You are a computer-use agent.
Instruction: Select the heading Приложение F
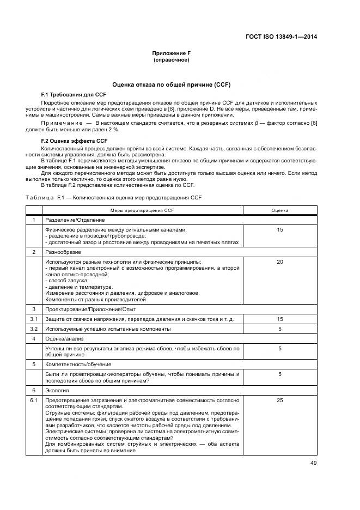pos(171,53)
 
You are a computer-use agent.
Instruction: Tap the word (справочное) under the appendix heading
pos(171,59)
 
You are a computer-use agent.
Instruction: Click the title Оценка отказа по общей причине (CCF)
pos(171,85)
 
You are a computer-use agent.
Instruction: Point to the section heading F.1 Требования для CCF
pos(66,95)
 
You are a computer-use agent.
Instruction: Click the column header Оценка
pos(280,210)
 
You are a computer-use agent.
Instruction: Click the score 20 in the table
pos(280,262)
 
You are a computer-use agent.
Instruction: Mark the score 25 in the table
pos(280,400)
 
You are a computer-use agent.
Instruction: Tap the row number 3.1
pos(34,319)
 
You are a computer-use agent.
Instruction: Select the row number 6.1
pos(34,400)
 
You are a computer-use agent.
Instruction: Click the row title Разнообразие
pos(62,252)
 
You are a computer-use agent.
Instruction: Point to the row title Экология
pos(57,391)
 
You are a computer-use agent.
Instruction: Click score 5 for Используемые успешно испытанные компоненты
pos(280,329)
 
